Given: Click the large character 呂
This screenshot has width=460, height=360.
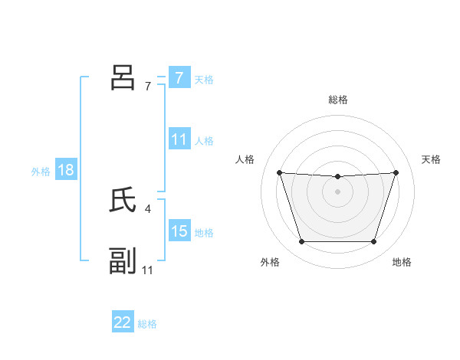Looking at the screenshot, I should coord(123,77).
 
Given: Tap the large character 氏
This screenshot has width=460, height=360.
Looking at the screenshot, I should coord(123,200).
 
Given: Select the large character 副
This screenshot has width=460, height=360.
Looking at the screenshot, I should coord(123,261).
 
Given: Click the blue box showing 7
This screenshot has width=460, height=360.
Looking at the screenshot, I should coord(179,78).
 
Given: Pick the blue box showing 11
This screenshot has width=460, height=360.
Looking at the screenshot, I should coord(179,139).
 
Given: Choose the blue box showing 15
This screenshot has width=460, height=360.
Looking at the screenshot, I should coord(179,231).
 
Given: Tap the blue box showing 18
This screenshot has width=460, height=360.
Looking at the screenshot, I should coord(66,170).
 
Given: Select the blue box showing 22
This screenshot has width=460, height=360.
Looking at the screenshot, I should coord(123,322).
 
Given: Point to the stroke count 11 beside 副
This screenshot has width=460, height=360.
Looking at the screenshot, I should coord(148,270).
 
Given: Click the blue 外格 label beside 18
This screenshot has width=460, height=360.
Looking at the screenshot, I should coord(41,172).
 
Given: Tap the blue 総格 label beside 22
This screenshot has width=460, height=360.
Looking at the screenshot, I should coord(147,324).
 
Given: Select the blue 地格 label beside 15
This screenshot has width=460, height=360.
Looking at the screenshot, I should coord(204,233).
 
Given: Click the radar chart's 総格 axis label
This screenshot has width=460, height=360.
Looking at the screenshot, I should coord(338,100).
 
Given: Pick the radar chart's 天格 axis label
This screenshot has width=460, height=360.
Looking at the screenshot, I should coord(432,159).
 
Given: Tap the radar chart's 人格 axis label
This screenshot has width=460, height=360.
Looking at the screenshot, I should coord(245,159).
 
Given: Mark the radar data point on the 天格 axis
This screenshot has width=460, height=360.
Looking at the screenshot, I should coord(396,172).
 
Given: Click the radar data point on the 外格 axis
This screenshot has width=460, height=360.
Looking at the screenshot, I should coord(301,242).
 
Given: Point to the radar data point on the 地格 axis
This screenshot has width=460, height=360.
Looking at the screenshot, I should coord(374,242).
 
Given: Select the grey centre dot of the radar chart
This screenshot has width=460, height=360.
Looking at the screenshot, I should coord(337,191).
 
